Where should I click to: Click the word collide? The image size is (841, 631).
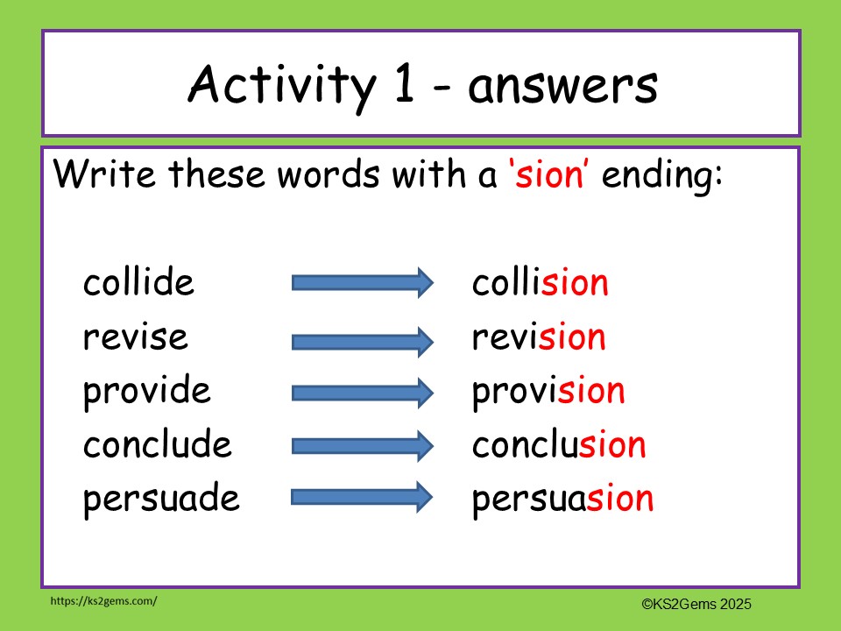tap(138, 283)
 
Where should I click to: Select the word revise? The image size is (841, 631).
tap(135, 337)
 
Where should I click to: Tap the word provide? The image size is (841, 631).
tap(146, 391)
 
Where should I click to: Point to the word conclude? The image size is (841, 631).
tap(158, 445)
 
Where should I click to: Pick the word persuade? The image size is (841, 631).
tap(161, 500)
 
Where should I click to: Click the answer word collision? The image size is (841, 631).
tap(540, 283)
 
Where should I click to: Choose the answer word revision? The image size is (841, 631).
tap(539, 337)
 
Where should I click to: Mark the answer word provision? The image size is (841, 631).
tap(548, 391)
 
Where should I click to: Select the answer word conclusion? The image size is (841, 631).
tap(559, 445)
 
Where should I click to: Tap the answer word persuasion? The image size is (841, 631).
tap(562, 500)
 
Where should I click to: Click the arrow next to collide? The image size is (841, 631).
tap(362, 283)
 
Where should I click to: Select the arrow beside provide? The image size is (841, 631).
tap(362, 392)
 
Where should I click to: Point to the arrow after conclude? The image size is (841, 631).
tap(362, 446)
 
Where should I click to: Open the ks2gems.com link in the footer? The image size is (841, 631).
tap(103, 601)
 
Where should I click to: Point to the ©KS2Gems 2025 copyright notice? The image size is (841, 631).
tap(696, 603)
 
